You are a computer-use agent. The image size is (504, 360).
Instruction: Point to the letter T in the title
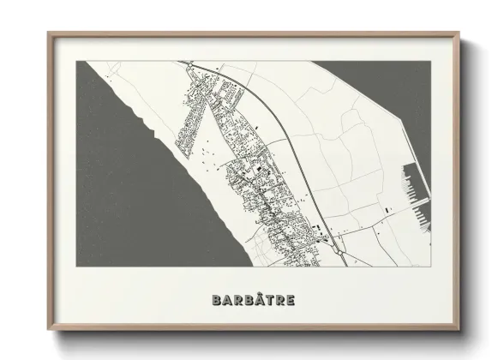[265, 300]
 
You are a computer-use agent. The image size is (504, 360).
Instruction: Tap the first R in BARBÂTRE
[232, 300]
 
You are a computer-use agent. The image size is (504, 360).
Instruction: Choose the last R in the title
[278, 300]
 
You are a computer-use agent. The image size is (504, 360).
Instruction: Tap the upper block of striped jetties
[407, 182]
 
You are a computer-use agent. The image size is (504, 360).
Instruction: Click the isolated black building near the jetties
[387, 208]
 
